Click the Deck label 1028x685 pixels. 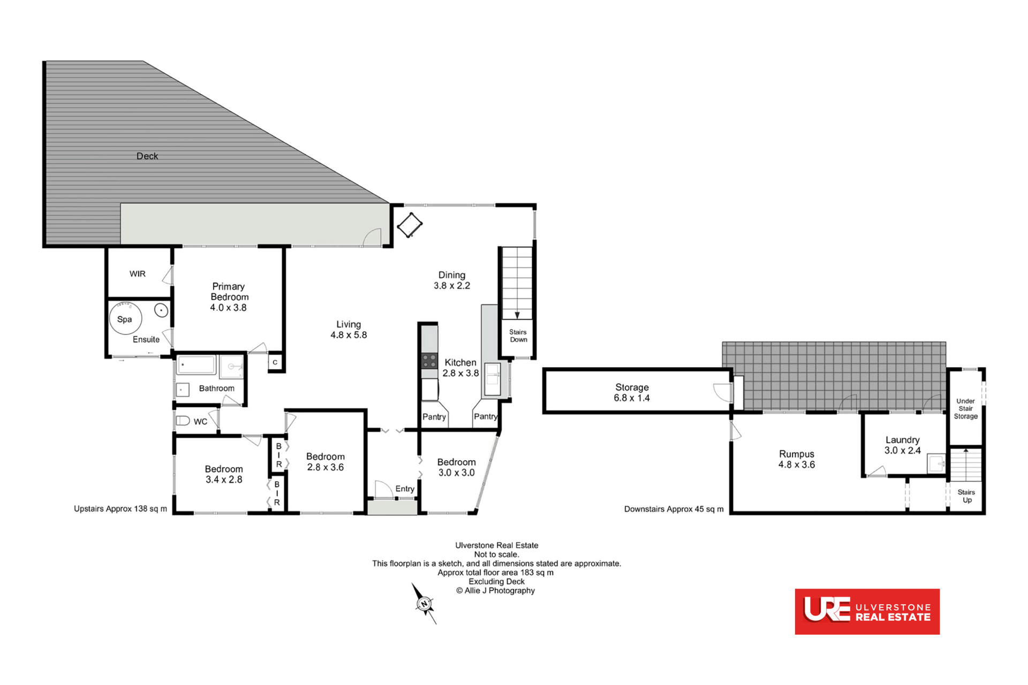[147, 156]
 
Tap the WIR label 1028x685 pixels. [138, 274]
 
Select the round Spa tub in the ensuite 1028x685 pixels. [125, 318]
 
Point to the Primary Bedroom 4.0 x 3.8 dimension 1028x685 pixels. [228, 308]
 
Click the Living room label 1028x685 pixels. [349, 324]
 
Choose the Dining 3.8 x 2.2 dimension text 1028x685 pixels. [452, 286]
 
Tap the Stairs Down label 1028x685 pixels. [518, 336]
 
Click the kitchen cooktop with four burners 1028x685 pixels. [429, 361]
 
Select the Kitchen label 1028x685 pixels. [460, 363]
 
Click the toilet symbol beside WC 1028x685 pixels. [183, 421]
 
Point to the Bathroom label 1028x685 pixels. [217, 389]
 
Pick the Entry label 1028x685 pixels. [405, 489]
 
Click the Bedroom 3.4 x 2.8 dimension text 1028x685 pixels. [224, 480]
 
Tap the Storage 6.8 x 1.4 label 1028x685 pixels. [632, 393]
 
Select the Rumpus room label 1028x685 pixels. [797, 454]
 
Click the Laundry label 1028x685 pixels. [903, 440]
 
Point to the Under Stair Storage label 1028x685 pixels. [966, 409]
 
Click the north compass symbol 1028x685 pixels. [425, 604]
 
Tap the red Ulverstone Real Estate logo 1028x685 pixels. [867, 612]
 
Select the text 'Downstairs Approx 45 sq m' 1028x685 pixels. [674, 509]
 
